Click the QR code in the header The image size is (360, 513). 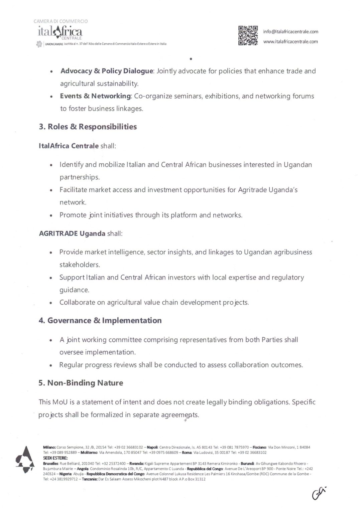pyautogui.click(x=248, y=35)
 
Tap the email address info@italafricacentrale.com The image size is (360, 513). pyautogui.click(x=290, y=32)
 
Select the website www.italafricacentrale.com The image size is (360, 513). pyautogui.click(x=290, y=42)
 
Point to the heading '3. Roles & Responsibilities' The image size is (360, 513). pyautogui.click(x=88, y=127)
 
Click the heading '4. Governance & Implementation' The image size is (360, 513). pyautogui.click(x=100, y=321)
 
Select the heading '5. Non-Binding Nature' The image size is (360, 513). pyautogui.click(x=81, y=383)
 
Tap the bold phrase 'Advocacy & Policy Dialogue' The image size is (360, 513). pyautogui.click(x=107, y=71)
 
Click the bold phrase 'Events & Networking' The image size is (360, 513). pyautogui.click(x=95, y=96)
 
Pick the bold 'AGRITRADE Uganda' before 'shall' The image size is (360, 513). pyautogui.click(x=72, y=233)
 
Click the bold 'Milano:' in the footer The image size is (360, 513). pyautogui.click(x=49, y=447)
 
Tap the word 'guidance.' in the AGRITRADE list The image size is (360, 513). pyautogui.click(x=74, y=290)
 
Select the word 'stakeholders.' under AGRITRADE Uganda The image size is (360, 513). pyautogui.click(x=80, y=265)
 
